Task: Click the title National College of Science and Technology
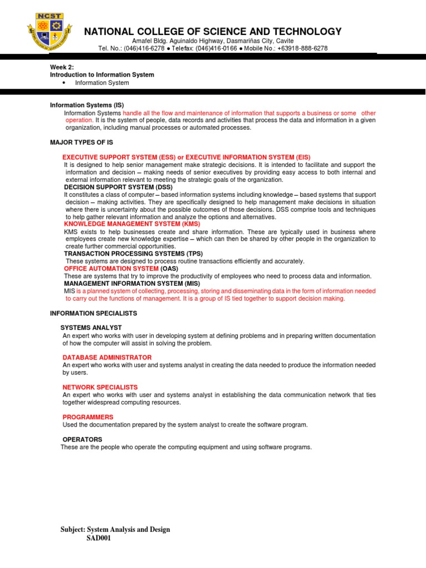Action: coord(213,32)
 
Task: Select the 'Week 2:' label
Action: coord(59,67)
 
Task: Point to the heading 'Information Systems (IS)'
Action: coord(87,105)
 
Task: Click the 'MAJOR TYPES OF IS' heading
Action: coord(82,143)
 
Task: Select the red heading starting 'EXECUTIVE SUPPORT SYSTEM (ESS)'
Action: coord(186,157)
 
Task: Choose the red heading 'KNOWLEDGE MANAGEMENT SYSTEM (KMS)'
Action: coord(132,224)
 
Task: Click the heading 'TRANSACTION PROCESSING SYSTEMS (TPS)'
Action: coord(133,253)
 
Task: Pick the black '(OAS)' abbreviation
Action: coord(170,268)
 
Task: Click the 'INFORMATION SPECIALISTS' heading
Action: coord(93,313)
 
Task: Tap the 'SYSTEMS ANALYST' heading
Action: coord(91,328)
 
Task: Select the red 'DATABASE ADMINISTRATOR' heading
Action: coord(107,357)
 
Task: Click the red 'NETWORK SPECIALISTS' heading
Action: coord(100,387)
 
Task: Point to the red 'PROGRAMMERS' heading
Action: coord(88,417)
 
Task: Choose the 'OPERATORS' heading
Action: coord(82,439)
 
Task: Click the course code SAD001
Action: coord(99,538)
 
